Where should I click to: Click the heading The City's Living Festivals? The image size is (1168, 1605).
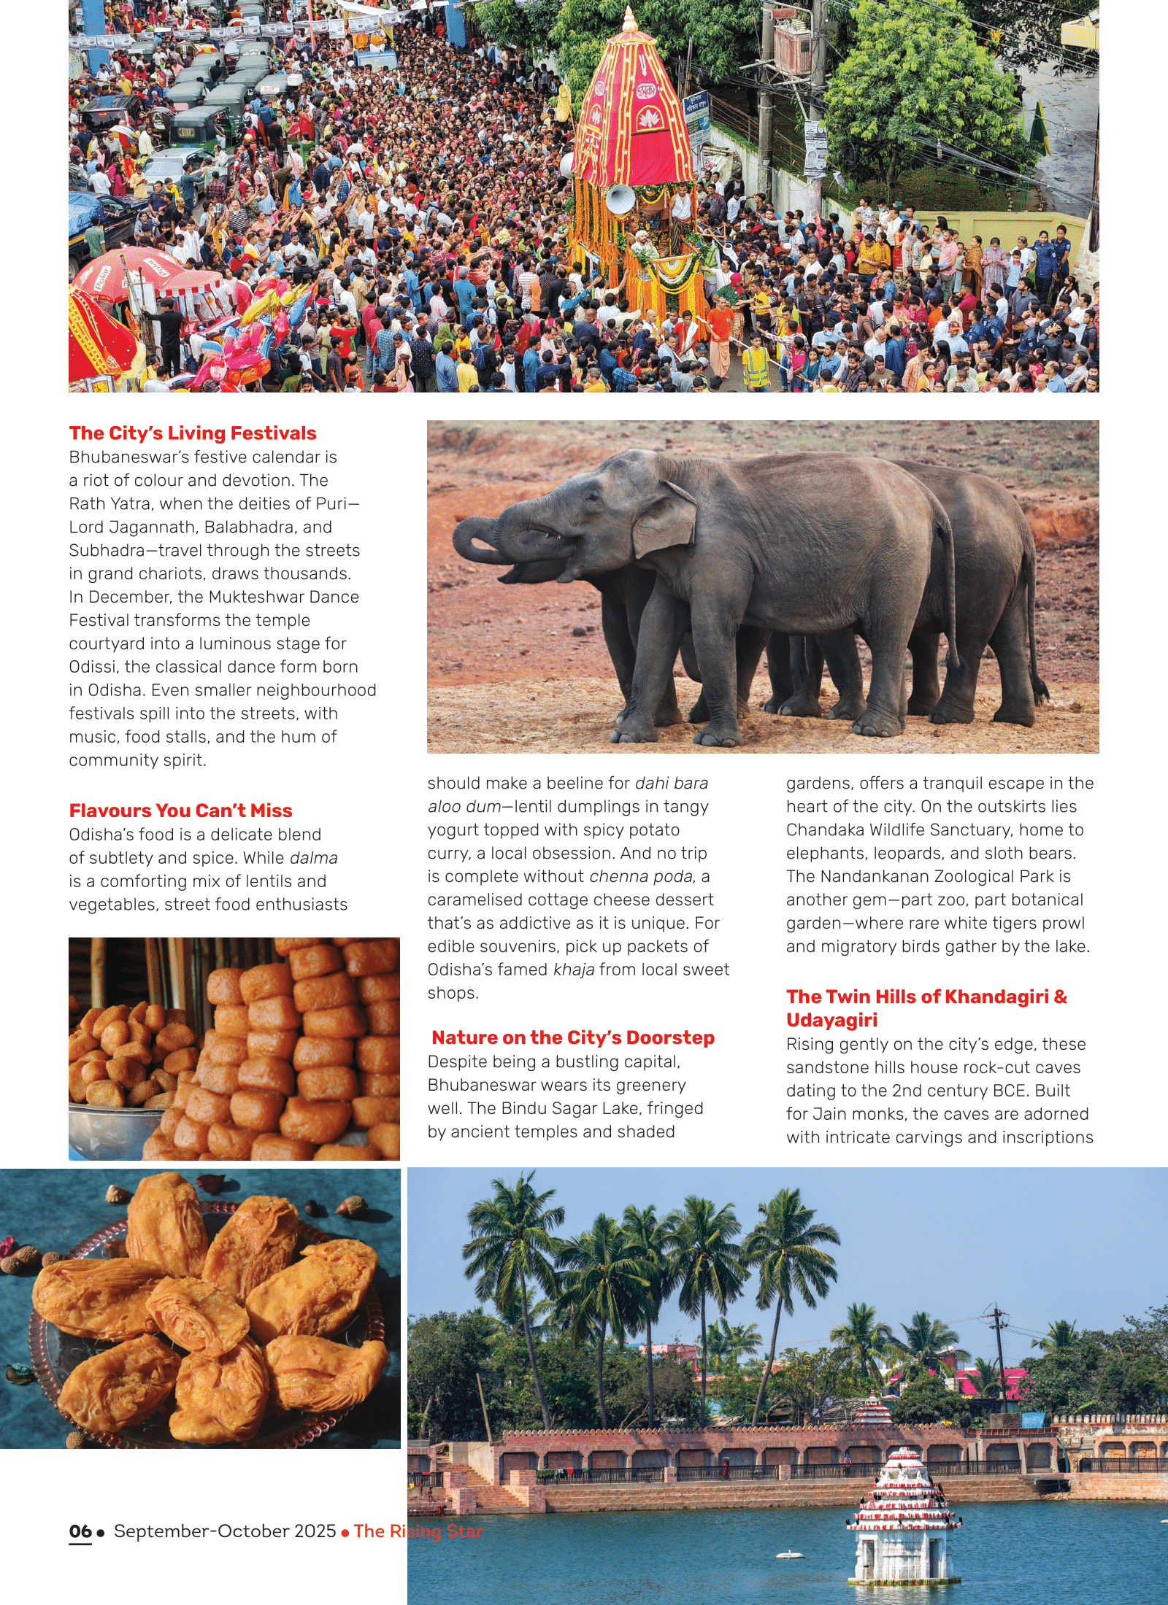pos(193,433)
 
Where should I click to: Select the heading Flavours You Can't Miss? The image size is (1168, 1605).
pos(180,811)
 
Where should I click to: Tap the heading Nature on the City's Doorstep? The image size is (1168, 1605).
pos(573,1037)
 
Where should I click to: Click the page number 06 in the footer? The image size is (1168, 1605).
pos(80,1531)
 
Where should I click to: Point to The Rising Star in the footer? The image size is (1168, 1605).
pos(418,1531)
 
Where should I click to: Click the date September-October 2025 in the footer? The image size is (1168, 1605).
pos(225,1531)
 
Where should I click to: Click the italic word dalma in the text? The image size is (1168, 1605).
pos(314,858)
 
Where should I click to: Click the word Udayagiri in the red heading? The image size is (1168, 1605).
pos(831,1020)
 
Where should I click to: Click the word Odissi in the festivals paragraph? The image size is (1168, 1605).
pos(93,667)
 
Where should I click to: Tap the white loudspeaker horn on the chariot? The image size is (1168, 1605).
pos(620,198)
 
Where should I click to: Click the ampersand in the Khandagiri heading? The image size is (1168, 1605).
pos(1061,997)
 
